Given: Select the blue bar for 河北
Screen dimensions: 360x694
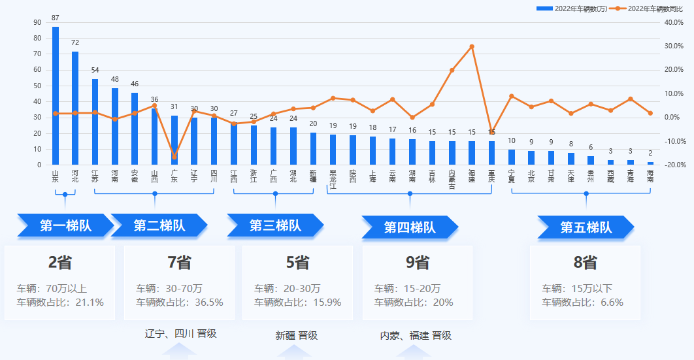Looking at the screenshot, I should [x=75, y=108].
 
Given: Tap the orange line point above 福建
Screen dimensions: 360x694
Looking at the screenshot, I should [x=472, y=46].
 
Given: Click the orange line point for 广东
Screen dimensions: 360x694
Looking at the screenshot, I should [x=174, y=157].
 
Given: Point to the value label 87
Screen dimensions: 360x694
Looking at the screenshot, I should [x=56, y=18].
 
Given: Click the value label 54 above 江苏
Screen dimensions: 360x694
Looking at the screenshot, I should [x=95, y=71].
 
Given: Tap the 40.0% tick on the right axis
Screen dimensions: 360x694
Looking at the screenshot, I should [x=673, y=22].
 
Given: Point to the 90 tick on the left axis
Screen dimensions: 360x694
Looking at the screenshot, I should [x=37, y=22].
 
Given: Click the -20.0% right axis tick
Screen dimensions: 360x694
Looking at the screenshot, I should [x=673, y=165].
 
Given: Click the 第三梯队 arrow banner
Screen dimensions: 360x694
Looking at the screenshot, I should [x=275, y=226].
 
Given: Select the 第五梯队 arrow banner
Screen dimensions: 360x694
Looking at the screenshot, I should [x=586, y=227].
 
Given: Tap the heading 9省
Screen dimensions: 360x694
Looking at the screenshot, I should [x=418, y=263].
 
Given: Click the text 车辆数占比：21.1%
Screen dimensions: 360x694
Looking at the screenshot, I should [x=60, y=303].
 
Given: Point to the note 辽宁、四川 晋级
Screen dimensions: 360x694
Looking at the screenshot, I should [x=180, y=334].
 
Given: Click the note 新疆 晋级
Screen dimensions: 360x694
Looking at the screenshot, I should [x=296, y=336].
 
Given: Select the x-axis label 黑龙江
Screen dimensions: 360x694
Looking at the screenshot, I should [x=333, y=180].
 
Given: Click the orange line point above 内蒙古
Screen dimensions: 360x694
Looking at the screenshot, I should [x=452, y=70].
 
